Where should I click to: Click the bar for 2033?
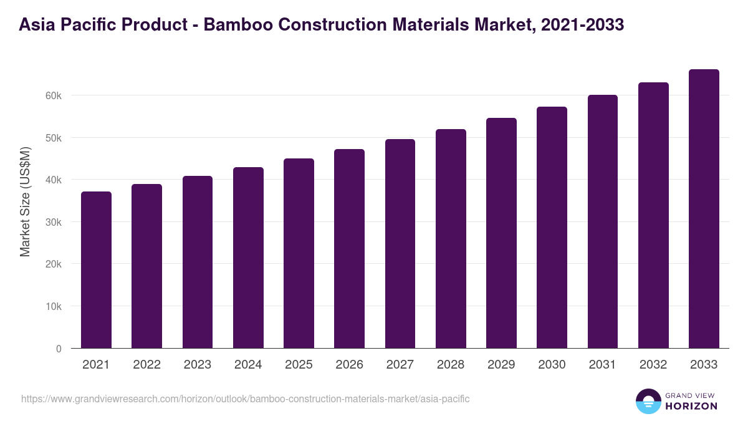coord(704,208)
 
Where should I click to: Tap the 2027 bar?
coord(400,243)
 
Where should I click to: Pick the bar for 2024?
coord(248,258)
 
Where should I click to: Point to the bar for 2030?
coord(552,227)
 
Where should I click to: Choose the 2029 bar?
coord(501,233)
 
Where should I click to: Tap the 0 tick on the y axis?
coord(59,349)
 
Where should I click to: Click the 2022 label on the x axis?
coord(146,365)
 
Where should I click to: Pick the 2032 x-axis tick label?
coord(653,365)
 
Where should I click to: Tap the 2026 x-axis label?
coord(349,365)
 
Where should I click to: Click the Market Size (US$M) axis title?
coord(25,201)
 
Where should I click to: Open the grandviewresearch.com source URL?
coord(245,399)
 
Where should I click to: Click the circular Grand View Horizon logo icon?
coord(648,401)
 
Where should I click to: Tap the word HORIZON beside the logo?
coord(691,406)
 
